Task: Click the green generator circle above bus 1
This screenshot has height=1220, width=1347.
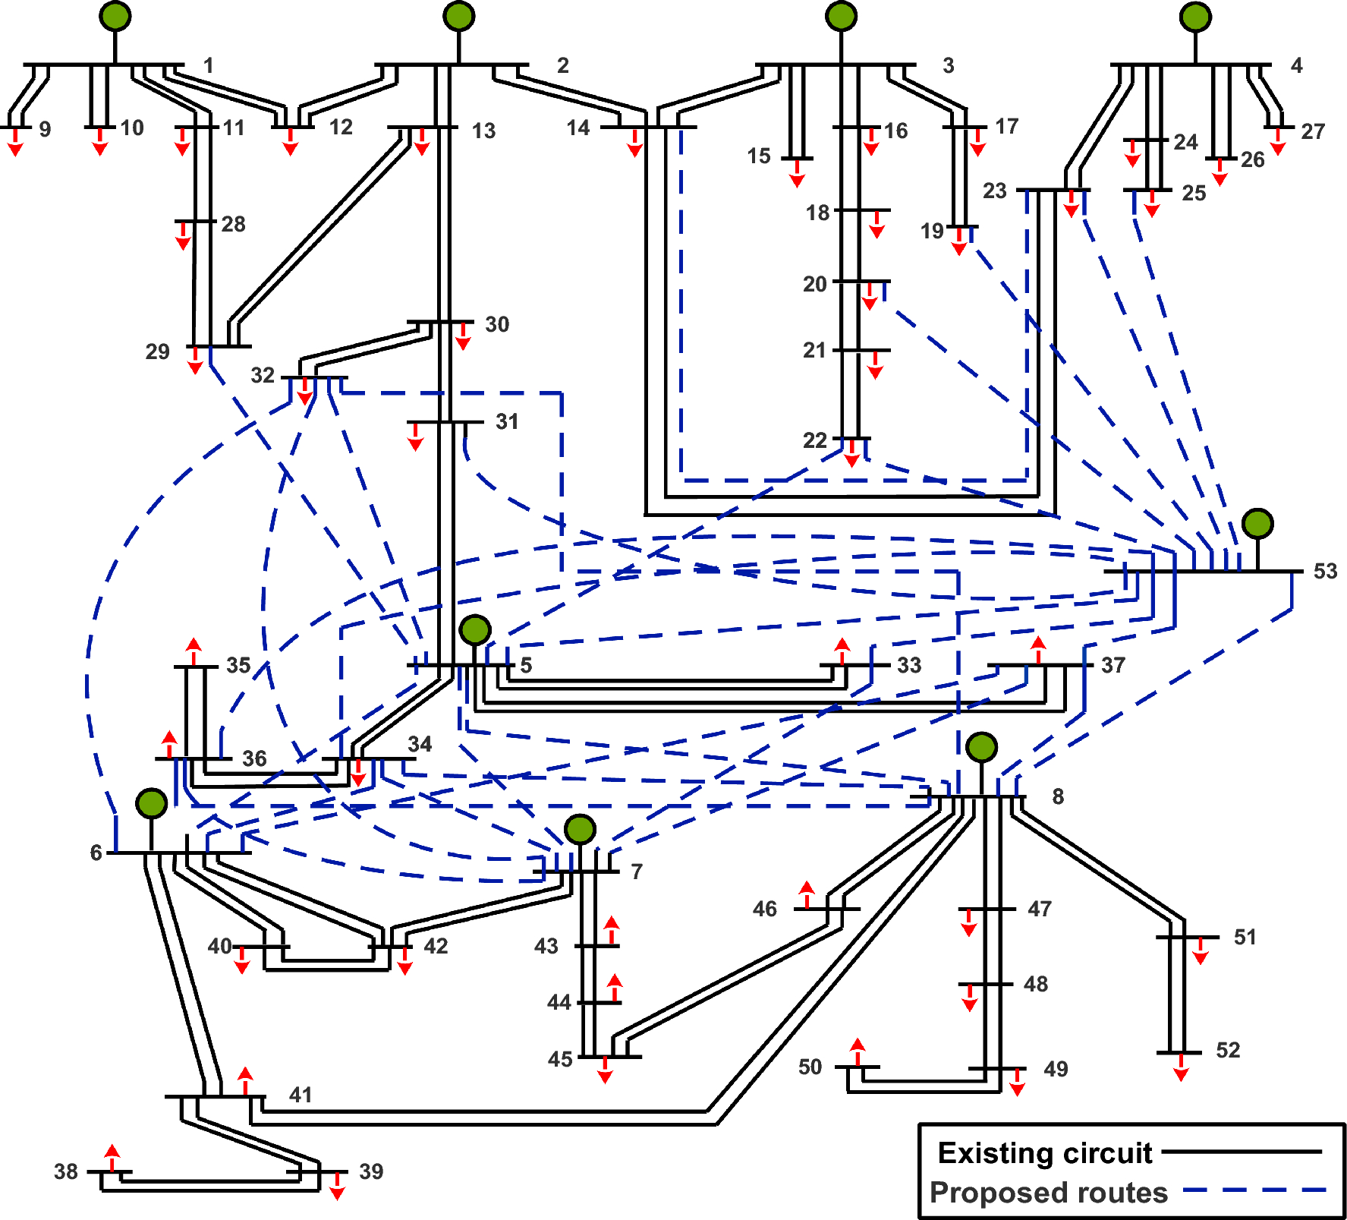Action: coord(115,16)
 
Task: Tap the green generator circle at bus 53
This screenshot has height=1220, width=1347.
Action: coord(1257,524)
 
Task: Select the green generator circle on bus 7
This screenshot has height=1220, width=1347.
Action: coord(580,830)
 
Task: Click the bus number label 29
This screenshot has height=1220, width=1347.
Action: coord(158,351)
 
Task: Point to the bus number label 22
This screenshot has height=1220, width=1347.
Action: coord(814,440)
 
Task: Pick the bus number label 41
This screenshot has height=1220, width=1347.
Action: coord(301,1095)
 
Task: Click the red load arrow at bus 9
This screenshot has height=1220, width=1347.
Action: coord(15,143)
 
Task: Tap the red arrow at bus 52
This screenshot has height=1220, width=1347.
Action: coord(1181,1067)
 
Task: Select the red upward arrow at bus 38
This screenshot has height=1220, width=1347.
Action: coord(112,1157)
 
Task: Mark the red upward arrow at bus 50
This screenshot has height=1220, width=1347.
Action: coord(858,1051)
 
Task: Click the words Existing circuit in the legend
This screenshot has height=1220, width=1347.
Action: coord(1045,1153)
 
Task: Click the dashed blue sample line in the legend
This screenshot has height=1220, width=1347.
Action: coord(1254,1190)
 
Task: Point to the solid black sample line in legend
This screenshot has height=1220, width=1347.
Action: coord(1242,1152)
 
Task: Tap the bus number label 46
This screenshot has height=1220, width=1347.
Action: coord(765,909)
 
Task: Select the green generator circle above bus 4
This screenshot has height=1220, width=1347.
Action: coord(1195,17)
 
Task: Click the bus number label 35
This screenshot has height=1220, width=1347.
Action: coord(238,665)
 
